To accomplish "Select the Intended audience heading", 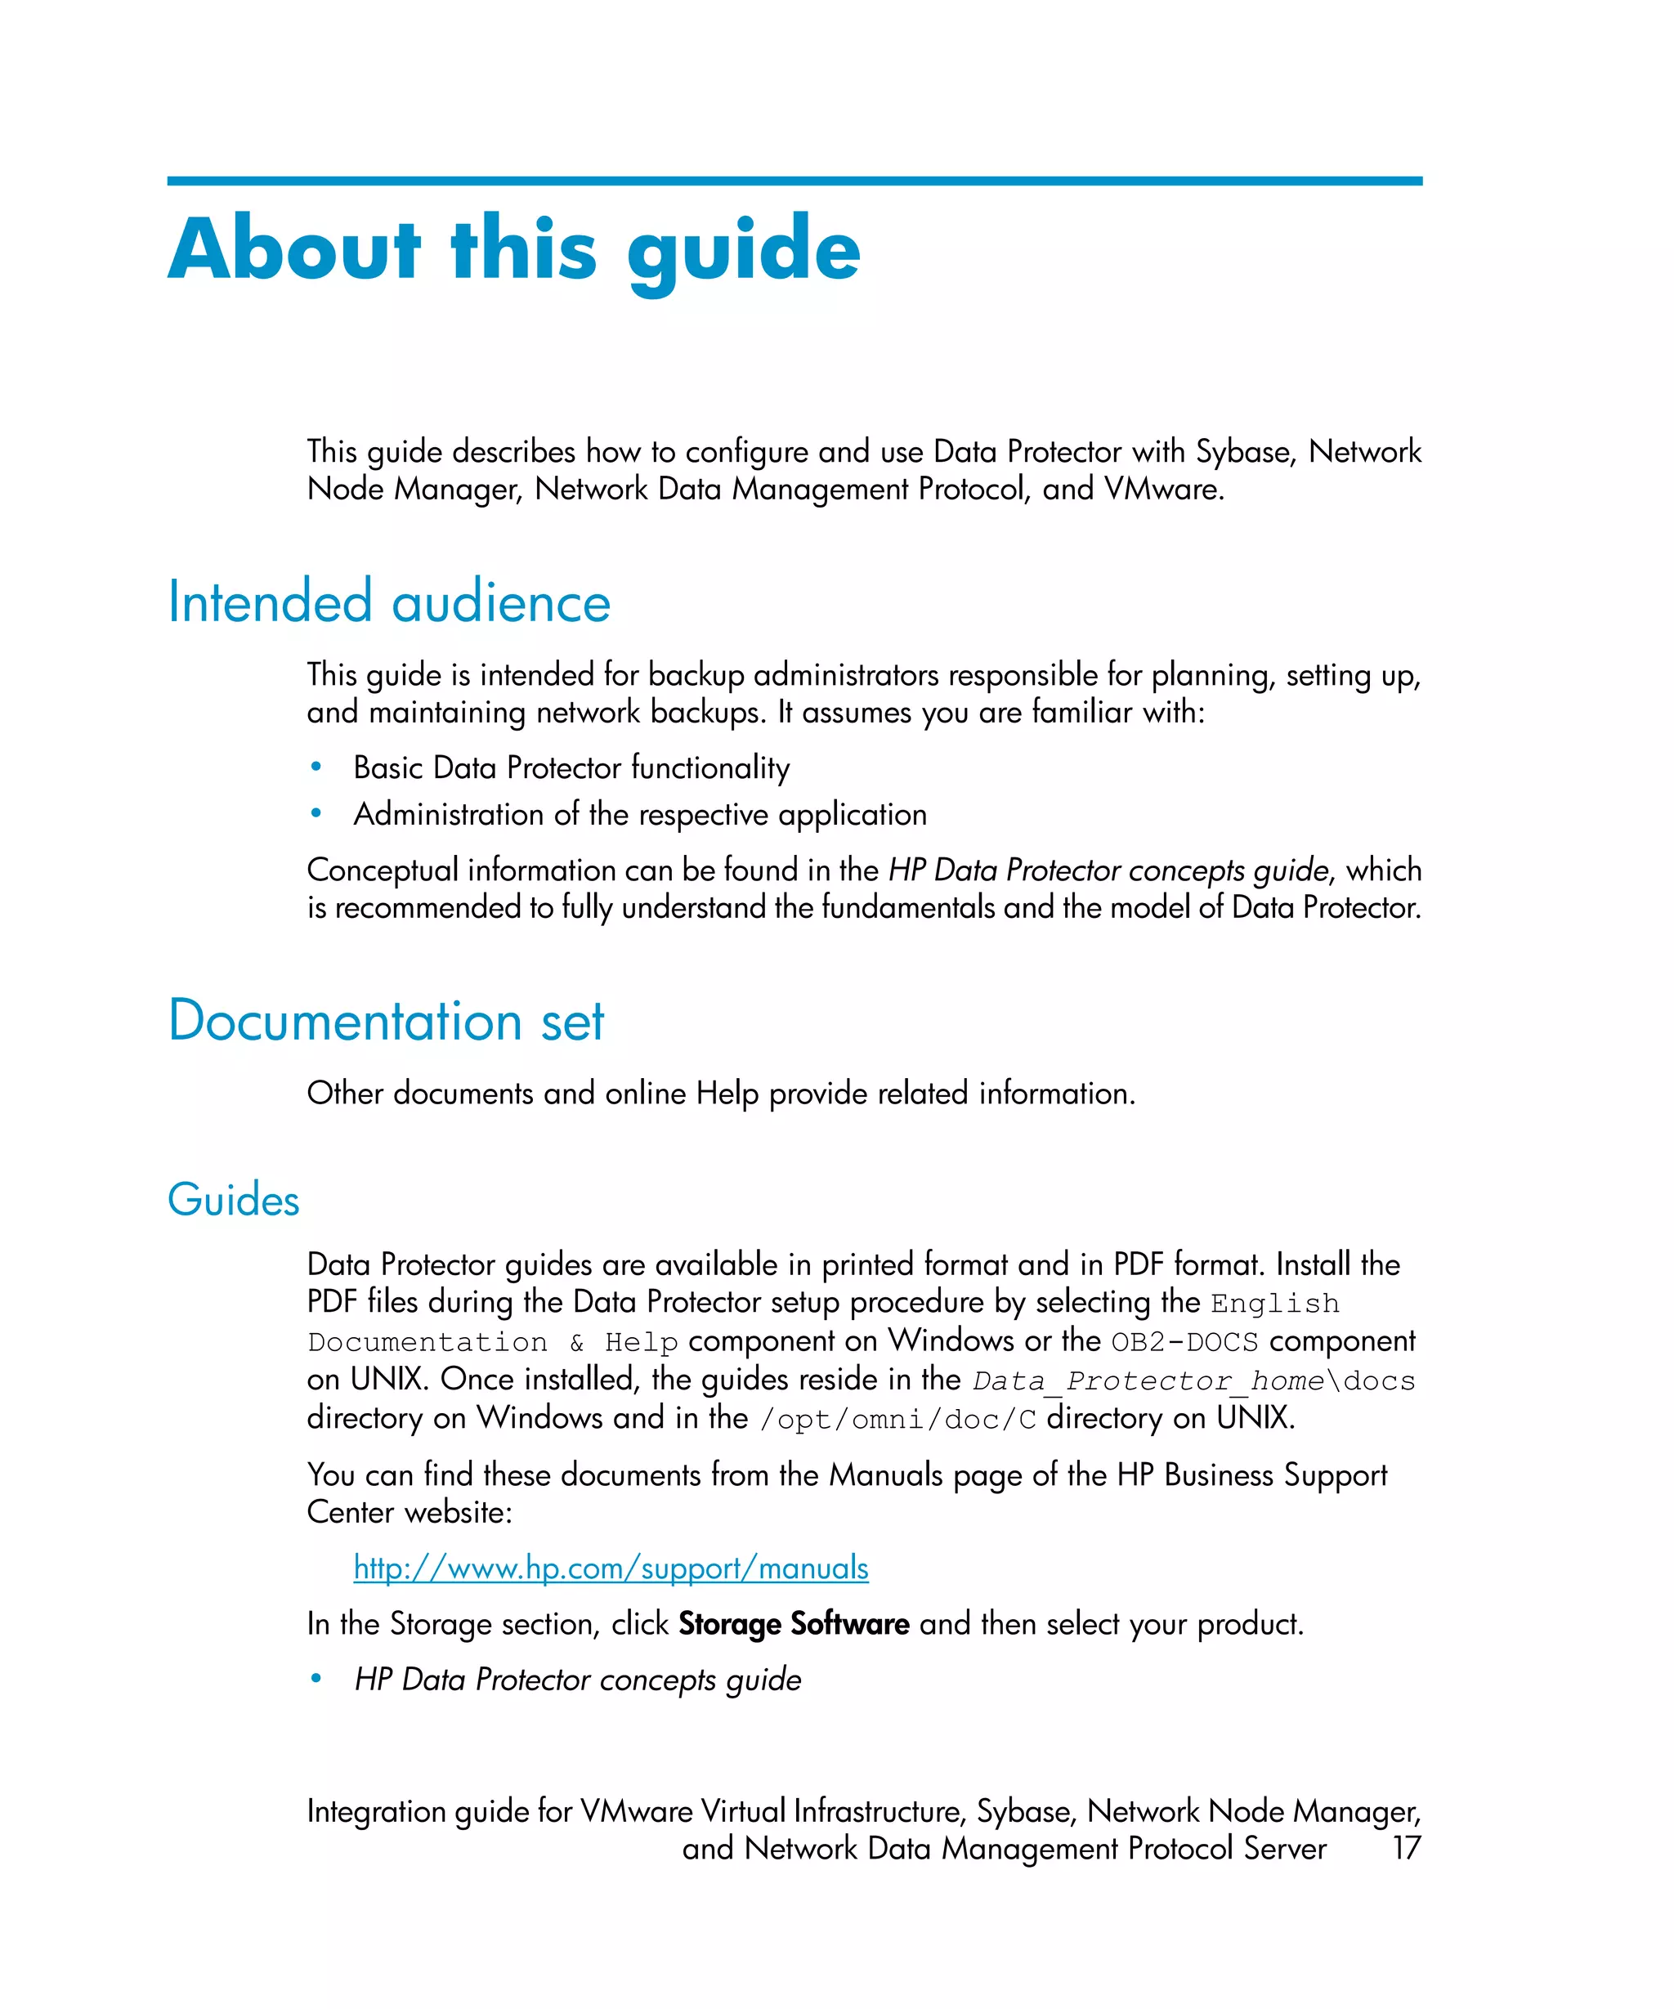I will pos(388,602).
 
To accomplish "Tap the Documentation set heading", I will pos(386,1021).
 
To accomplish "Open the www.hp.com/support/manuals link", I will pos(611,1567).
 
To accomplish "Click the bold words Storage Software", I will pos(793,1623).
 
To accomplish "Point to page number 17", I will pos(1405,1847).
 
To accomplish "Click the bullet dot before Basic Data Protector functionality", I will pos(316,767).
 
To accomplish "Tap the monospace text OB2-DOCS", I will pos(1184,1342).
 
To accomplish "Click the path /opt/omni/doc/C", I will pos(897,1420).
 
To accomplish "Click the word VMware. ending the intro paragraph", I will pos(1164,490).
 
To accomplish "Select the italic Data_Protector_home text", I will pos(1148,1381).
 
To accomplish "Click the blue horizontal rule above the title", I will pos(794,180).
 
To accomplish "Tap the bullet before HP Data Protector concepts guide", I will pos(316,1680).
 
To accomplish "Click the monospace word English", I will pos(1274,1304).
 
